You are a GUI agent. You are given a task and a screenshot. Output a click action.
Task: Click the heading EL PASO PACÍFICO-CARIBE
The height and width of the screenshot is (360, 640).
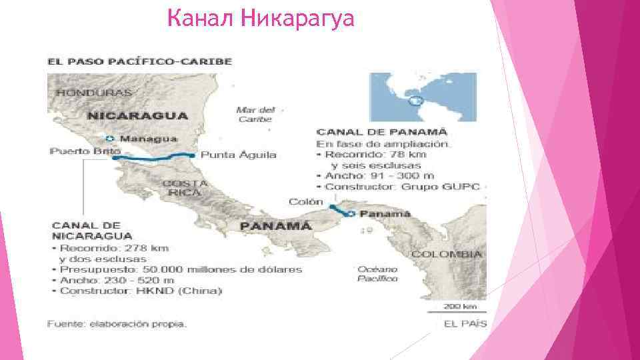[139, 61]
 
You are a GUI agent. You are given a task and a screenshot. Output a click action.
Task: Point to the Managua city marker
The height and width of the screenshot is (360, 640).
[110, 139]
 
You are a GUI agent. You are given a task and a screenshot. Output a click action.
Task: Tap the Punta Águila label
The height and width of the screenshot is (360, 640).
[238, 155]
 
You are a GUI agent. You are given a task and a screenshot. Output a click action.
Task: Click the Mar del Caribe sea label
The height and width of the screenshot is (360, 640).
[255, 114]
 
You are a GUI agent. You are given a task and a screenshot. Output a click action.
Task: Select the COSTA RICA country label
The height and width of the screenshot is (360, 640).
[184, 187]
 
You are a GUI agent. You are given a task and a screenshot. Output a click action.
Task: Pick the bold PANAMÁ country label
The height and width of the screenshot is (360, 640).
[275, 226]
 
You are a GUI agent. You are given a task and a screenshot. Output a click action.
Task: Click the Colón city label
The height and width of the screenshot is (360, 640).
[305, 201]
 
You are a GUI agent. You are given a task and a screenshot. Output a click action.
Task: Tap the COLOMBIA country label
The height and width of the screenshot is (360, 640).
[446, 254]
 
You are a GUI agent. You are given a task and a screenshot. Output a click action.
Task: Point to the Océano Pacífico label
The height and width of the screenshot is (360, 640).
[377, 273]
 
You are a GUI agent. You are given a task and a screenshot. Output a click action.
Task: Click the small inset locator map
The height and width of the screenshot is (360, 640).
[423, 97]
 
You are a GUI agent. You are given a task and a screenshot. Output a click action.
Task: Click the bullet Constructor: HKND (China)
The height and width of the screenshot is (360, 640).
[140, 291]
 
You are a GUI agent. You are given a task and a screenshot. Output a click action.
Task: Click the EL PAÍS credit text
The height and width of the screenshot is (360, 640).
[465, 324]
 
